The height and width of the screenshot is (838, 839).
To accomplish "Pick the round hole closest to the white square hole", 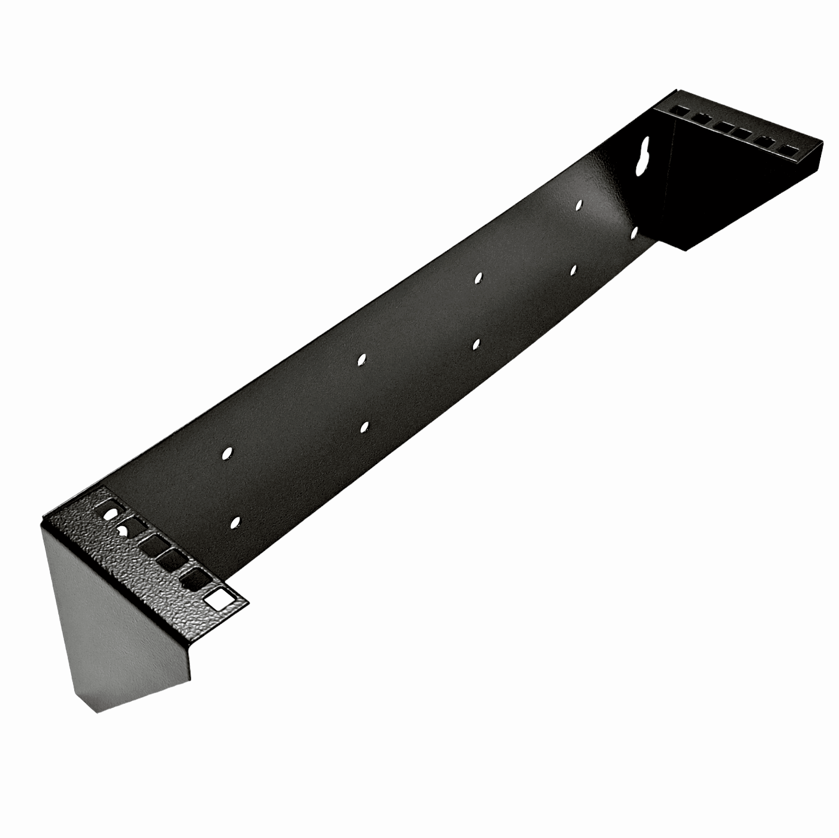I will [x=235, y=522].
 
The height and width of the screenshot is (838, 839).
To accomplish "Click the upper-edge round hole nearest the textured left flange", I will [x=226, y=454].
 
